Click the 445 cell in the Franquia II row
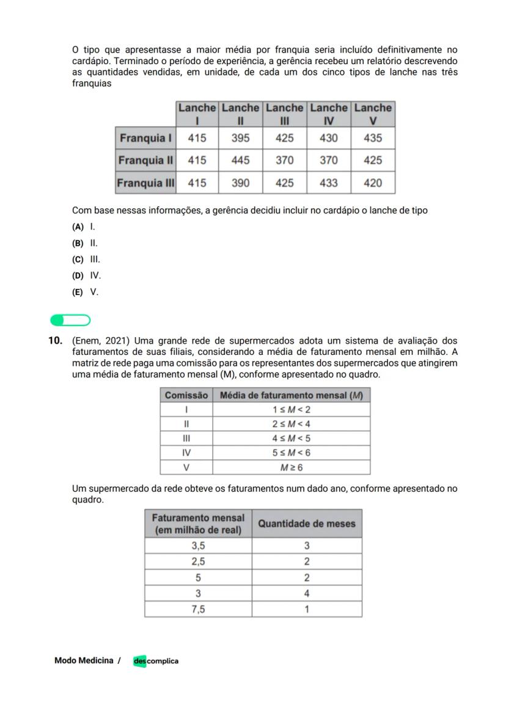(240, 161)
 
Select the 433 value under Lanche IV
(328, 183)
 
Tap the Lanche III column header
(284, 114)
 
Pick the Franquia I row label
(145, 138)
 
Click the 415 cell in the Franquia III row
(197, 183)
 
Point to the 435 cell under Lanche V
(373, 138)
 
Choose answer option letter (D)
(78, 276)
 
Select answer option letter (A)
(78, 227)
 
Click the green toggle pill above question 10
(70, 321)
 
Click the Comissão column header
(186, 395)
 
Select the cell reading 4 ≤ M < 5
(291, 439)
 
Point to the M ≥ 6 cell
(291, 467)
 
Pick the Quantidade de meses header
(306, 523)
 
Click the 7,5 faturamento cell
(198, 609)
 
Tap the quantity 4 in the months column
(306, 593)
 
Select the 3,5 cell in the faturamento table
(198, 545)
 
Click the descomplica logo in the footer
(156, 661)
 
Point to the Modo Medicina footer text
(84, 660)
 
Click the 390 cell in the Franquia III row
(240, 183)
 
